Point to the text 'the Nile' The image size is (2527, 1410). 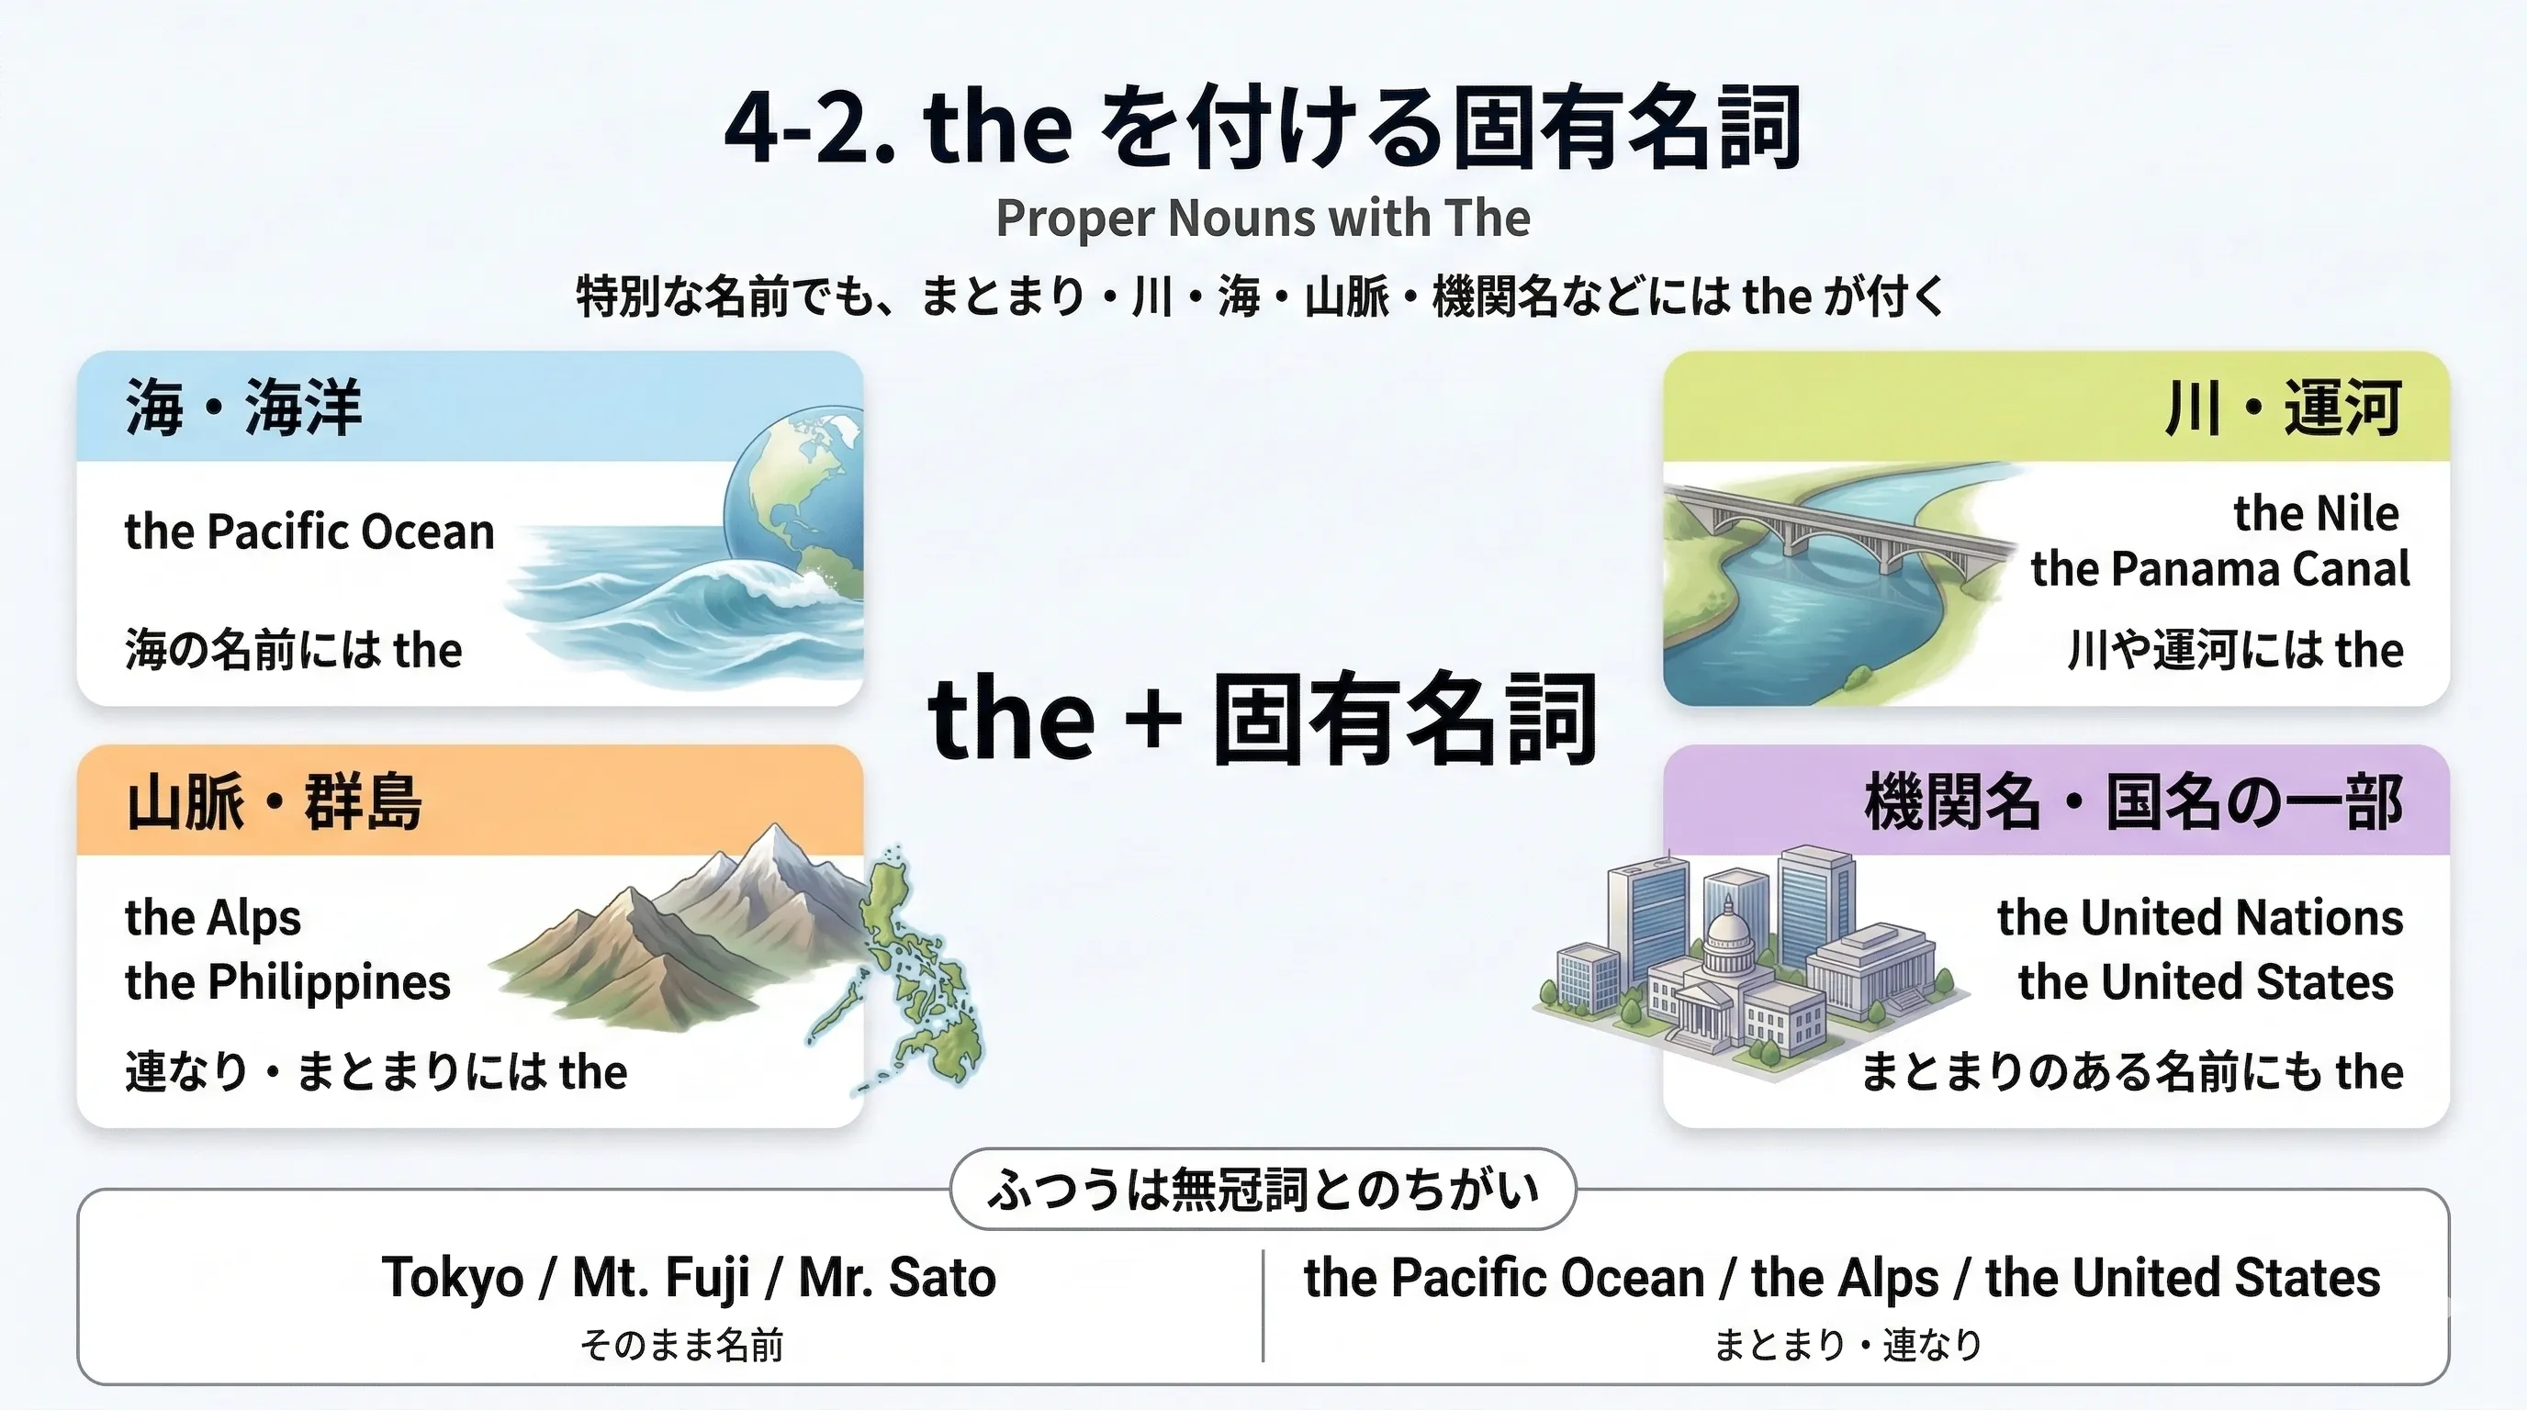(2316, 513)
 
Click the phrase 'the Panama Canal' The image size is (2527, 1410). (2220, 569)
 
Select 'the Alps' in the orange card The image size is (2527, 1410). (213, 919)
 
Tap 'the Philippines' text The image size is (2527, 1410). (287, 981)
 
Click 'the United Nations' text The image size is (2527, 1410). (2200, 919)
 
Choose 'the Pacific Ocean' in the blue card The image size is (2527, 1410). (309, 532)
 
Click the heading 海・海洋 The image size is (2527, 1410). (243, 407)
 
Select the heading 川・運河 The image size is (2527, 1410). (2283, 407)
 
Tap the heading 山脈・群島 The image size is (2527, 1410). (274, 801)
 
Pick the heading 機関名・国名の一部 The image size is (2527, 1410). (2134, 801)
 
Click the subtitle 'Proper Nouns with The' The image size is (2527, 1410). (1263, 218)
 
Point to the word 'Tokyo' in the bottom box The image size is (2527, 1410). (452, 1278)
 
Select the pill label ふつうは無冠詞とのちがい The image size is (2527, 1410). (1263, 1190)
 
